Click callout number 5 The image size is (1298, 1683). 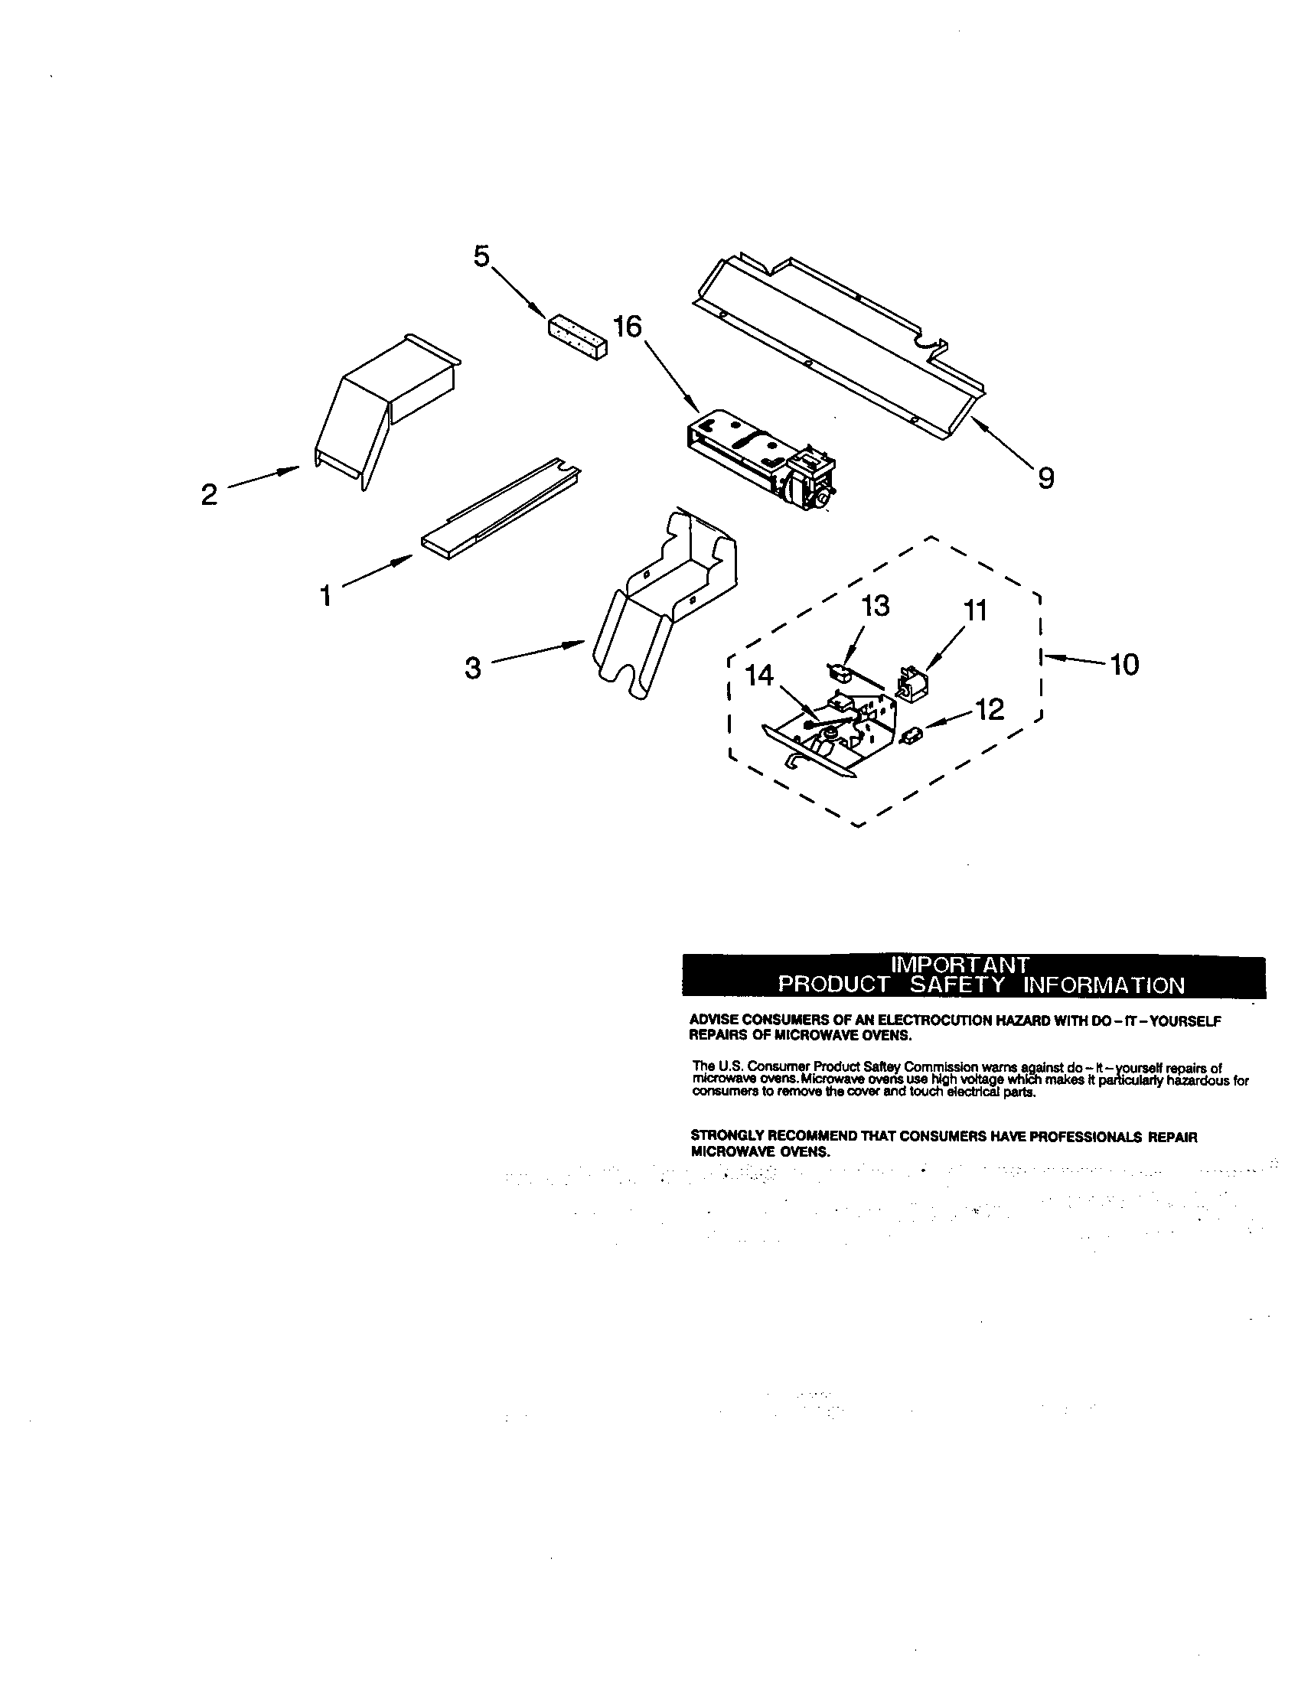pyautogui.click(x=481, y=256)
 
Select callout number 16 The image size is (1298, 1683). pyautogui.click(x=628, y=327)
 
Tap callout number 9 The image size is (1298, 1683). pyautogui.click(x=1045, y=480)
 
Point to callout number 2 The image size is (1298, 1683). pyautogui.click(x=209, y=495)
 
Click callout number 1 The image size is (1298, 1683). pyautogui.click(x=326, y=596)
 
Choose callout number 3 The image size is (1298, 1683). pyautogui.click(x=472, y=668)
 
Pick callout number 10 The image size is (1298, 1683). pyautogui.click(x=1125, y=664)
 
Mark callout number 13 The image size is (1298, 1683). pyautogui.click(x=875, y=607)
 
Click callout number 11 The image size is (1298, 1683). pyautogui.click(x=976, y=611)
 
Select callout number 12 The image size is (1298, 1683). pyautogui.click(x=990, y=710)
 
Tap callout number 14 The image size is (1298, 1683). pyautogui.click(x=760, y=676)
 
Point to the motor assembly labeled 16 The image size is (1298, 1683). pyautogui.click(x=763, y=458)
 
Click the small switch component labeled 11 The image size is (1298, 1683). pyautogui.click(x=912, y=683)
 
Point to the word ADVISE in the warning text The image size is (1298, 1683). pyautogui.click(x=709, y=1021)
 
